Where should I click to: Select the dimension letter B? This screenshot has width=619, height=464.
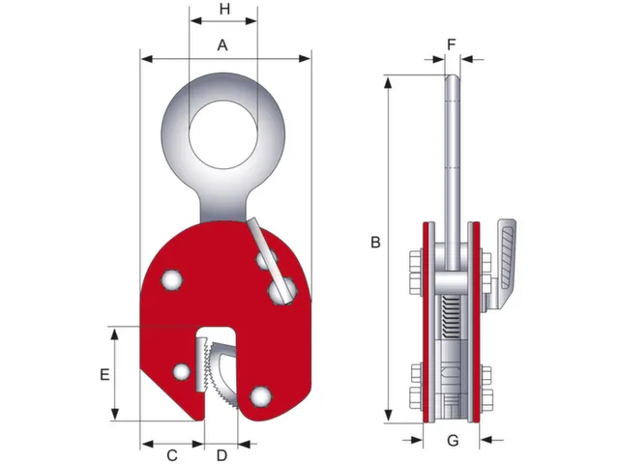pos(375,244)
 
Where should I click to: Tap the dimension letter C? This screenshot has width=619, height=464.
pos(172,454)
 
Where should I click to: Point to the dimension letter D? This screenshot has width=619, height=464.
pos(221,454)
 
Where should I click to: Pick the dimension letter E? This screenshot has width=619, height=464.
pos(105,373)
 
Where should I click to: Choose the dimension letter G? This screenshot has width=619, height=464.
pos(452,442)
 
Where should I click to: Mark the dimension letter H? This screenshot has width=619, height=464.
pos(224,10)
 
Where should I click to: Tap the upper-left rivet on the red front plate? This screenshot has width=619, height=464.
pos(172,279)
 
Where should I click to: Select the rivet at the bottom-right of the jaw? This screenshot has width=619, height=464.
pos(258,395)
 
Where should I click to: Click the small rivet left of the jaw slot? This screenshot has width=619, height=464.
pos(181,372)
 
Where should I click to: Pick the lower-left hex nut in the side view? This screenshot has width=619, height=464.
pos(415,382)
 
